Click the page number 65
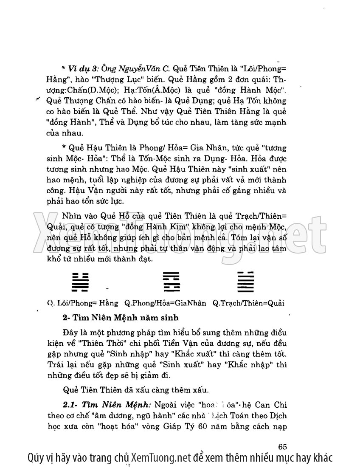click(x=284, y=446)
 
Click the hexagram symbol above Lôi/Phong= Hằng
click(x=80, y=282)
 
